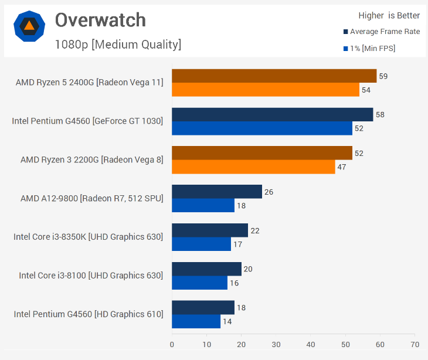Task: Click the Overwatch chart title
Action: tap(100, 21)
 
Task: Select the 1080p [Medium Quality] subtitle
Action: tap(118, 44)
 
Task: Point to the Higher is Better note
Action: tap(389, 16)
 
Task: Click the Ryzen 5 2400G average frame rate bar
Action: tap(274, 76)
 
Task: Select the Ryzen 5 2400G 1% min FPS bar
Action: tap(265, 90)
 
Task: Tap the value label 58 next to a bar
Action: tap(380, 114)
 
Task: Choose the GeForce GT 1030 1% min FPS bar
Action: tap(261, 128)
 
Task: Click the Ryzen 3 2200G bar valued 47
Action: tap(253, 167)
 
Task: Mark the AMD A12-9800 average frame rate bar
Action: tap(217, 192)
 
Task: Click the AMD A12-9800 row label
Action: tap(91, 198)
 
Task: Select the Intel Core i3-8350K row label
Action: tap(88, 237)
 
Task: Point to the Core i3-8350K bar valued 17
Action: tap(201, 244)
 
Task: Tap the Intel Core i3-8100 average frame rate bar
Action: tap(206, 269)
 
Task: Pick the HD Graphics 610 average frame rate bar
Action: tap(203, 308)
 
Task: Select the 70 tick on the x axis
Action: tap(415, 344)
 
